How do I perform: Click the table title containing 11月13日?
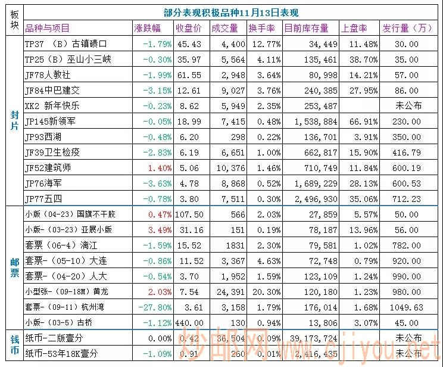click(231, 13)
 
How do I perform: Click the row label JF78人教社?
click(48, 75)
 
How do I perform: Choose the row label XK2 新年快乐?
click(52, 106)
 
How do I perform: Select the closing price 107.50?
click(190, 214)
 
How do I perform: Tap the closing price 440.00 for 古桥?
click(190, 322)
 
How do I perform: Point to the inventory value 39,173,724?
click(305, 338)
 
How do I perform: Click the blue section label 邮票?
click(14, 268)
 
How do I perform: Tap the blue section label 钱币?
click(14, 345)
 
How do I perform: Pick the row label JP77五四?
click(45, 198)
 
